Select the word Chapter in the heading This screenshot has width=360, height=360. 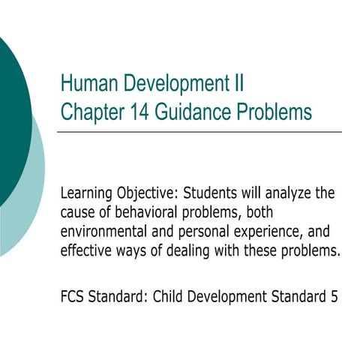pyautogui.click(x=90, y=112)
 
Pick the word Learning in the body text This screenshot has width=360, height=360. pyautogui.click(x=88, y=194)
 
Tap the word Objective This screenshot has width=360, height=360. pyautogui.click(x=154, y=194)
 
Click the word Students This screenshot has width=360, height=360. pyautogui.click(x=222, y=193)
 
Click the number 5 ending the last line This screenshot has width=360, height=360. pyautogui.click(x=333, y=296)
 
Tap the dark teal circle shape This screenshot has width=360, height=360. pyautogui.click(x=11, y=112)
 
